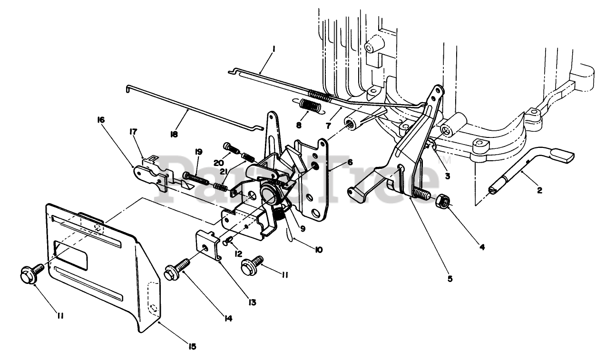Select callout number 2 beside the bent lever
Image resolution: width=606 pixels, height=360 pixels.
(539, 190)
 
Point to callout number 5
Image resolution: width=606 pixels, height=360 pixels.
(450, 279)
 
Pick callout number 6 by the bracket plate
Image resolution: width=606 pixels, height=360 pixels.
(350, 162)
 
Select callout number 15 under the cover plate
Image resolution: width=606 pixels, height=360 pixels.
(192, 347)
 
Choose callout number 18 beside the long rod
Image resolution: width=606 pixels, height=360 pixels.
(175, 135)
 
